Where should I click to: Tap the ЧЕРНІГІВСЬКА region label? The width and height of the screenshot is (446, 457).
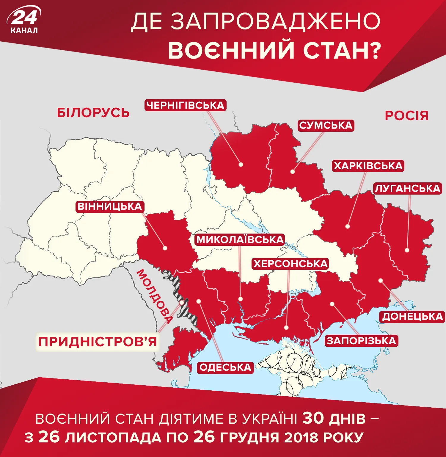tap(185, 105)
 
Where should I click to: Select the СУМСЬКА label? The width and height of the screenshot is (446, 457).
tap(326, 125)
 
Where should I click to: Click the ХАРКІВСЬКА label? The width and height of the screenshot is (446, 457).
tap(368, 166)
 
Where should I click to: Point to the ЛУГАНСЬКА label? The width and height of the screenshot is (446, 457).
tap(407, 188)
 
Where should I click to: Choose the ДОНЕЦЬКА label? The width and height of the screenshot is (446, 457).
tap(412, 317)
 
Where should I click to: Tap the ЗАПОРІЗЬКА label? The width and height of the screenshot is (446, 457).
tap(361, 341)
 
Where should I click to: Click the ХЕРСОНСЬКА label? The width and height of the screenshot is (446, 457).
tap(290, 264)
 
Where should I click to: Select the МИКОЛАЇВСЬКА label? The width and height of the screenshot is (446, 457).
tap(240, 240)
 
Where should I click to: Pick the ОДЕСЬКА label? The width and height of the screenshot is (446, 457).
tap(225, 367)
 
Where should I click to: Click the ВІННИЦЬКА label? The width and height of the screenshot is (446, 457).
tap(110, 206)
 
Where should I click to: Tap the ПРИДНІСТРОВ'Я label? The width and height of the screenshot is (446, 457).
tap(97, 342)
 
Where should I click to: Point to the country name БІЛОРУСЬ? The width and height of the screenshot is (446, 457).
tap(93, 113)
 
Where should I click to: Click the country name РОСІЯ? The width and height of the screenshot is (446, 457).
tap(406, 116)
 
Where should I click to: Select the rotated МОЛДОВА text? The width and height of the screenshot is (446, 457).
tap(155, 296)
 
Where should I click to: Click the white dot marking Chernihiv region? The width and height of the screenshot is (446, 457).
tap(241, 165)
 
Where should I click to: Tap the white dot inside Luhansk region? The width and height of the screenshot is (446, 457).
tap(407, 250)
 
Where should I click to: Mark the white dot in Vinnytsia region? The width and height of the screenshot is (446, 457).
tap(165, 248)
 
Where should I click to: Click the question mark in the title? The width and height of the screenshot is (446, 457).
tap(376, 50)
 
